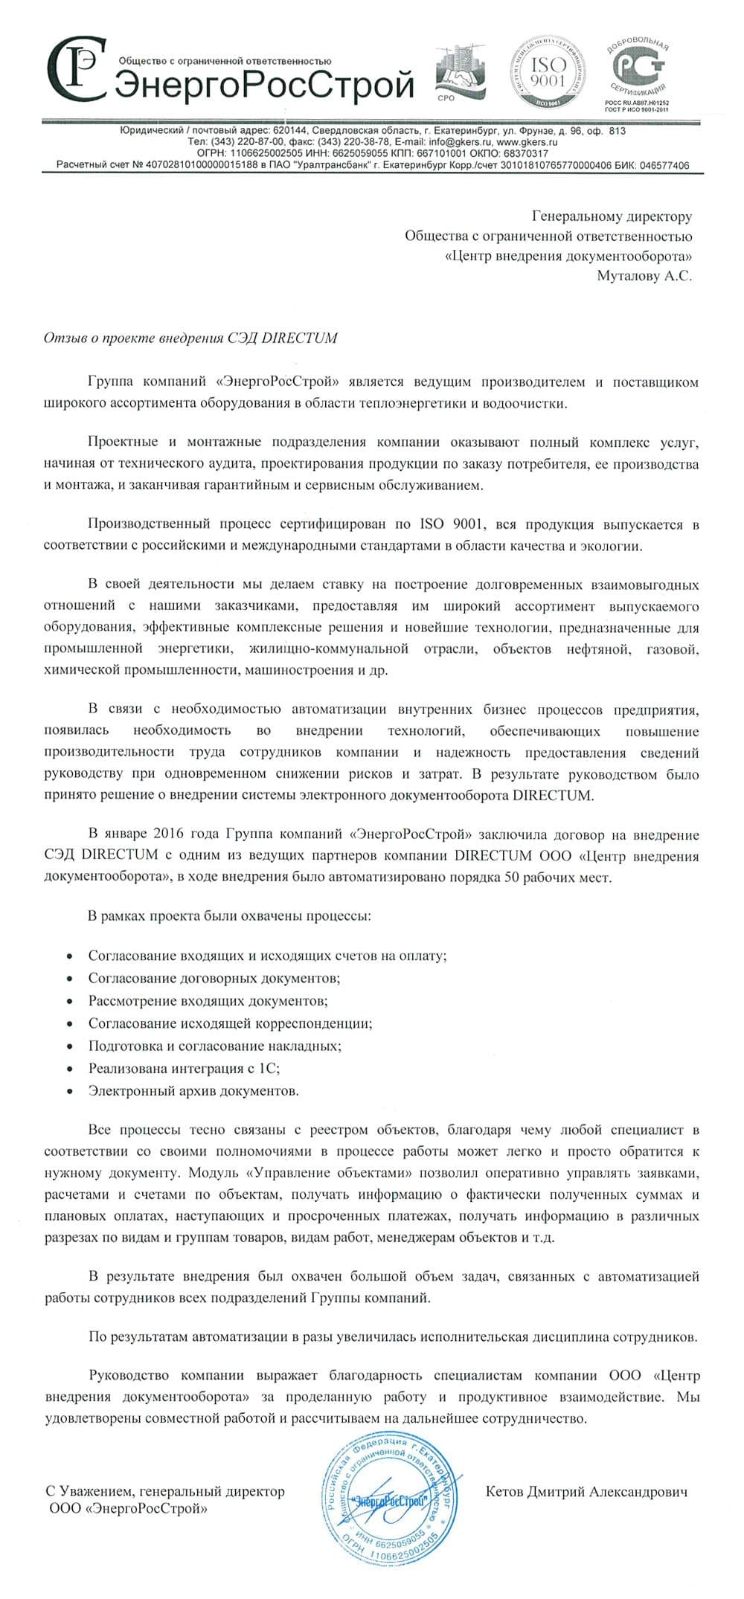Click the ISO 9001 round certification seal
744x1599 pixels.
[548, 74]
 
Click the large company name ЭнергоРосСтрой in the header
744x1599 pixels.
[264, 85]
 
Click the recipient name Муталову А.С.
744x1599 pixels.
[644, 276]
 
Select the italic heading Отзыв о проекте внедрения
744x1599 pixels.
[190, 338]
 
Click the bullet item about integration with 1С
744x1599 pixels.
[184, 1068]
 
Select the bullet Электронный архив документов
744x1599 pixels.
[193, 1091]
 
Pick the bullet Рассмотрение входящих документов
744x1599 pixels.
[208, 1000]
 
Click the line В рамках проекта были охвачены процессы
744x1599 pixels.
[229, 916]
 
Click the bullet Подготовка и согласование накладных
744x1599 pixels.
[214, 1046]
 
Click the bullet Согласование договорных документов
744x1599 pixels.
[214, 978]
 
